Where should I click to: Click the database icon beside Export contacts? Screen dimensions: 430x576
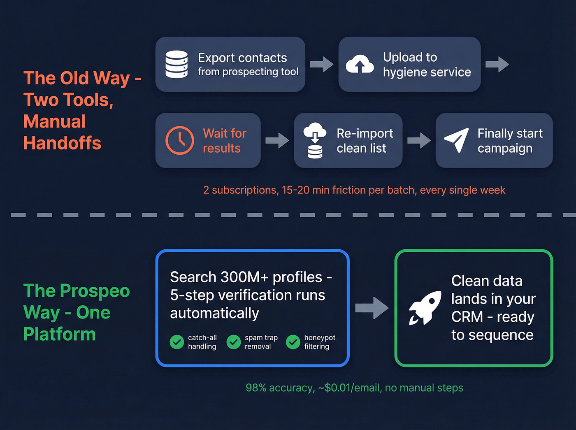[x=177, y=64]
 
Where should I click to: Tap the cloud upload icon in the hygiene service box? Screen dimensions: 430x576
[x=360, y=64]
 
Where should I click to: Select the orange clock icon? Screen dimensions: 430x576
[x=180, y=140]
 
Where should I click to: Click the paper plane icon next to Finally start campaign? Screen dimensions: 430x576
[x=457, y=140]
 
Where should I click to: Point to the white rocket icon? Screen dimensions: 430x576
[x=425, y=308]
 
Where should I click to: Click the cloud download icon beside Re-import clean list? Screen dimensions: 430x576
[x=315, y=140]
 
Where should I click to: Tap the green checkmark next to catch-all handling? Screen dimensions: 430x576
[x=177, y=342]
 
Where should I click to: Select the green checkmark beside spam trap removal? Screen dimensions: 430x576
[x=234, y=342]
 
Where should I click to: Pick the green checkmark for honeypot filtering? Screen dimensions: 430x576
[x=293, y=342]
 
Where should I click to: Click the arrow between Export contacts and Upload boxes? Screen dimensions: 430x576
[x=322, y=64]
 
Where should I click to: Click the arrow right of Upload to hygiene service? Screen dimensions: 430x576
[x=497, y=64]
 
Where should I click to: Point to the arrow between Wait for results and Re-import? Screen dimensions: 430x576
[x=277, y=140]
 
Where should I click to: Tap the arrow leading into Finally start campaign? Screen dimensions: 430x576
[x=419, y=140]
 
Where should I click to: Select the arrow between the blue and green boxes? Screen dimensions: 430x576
[x=372, y=308]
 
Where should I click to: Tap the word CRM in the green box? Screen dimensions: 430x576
[x=467, y=317]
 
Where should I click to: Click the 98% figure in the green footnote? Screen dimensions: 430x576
[x=256, y=388]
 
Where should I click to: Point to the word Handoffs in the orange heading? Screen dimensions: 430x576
[x=62, y=143]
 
